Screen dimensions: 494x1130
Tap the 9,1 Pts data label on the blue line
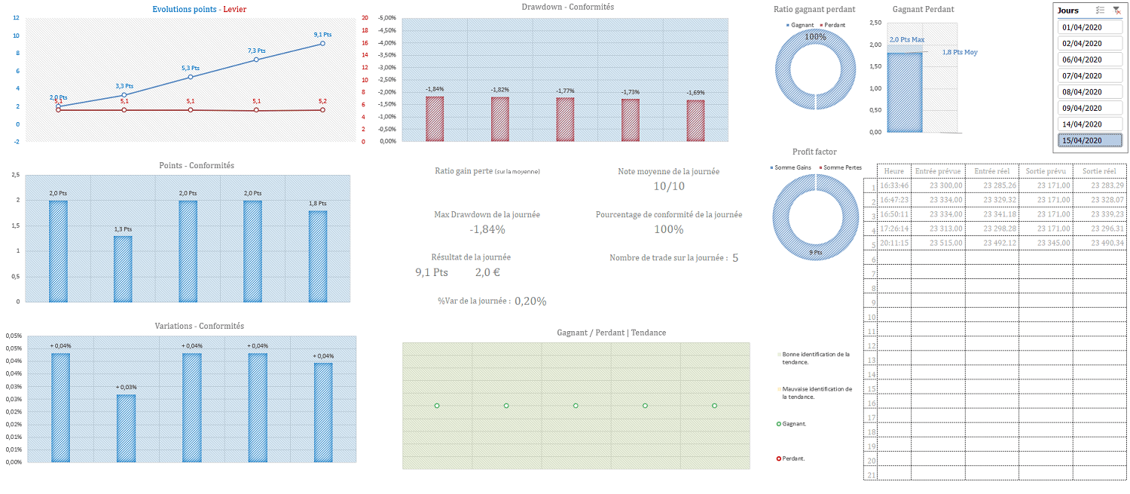(322, 35)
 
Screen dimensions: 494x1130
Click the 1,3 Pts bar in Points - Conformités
(123, 268)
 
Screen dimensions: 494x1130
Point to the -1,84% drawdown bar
(435, 119)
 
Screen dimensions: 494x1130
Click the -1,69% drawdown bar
(695, 121)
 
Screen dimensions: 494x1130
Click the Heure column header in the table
(894, 171)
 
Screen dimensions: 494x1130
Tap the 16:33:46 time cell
(895, 186)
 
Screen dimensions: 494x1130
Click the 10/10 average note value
(669, 186)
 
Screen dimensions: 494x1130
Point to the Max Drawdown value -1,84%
(487, 229)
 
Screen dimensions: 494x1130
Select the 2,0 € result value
(488, 272)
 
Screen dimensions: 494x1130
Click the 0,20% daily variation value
(530, 301)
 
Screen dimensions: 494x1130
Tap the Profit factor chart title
(814, 152)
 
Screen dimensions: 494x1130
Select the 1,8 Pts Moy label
(960, 52)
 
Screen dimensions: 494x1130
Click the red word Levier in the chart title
(234, 9)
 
